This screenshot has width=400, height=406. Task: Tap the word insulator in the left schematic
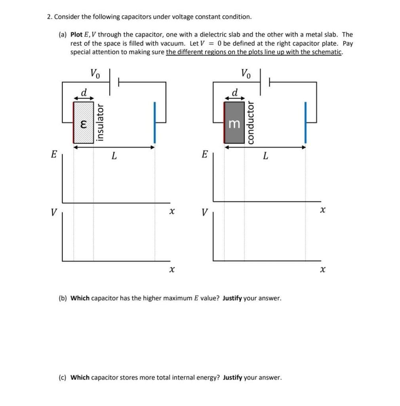click(101, 122)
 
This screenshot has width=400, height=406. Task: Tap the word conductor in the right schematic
click(250, 122)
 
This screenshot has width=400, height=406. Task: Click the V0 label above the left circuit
click(95, 73)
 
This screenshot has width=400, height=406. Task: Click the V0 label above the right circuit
click(246, 73)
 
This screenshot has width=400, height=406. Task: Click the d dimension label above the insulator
click(84, 92)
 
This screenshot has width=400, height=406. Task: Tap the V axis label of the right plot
click(204, 213)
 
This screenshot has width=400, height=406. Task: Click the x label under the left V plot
click(171, 270)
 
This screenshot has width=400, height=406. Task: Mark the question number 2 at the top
click(49, 17)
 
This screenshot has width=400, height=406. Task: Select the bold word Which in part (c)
click(80, 377)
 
